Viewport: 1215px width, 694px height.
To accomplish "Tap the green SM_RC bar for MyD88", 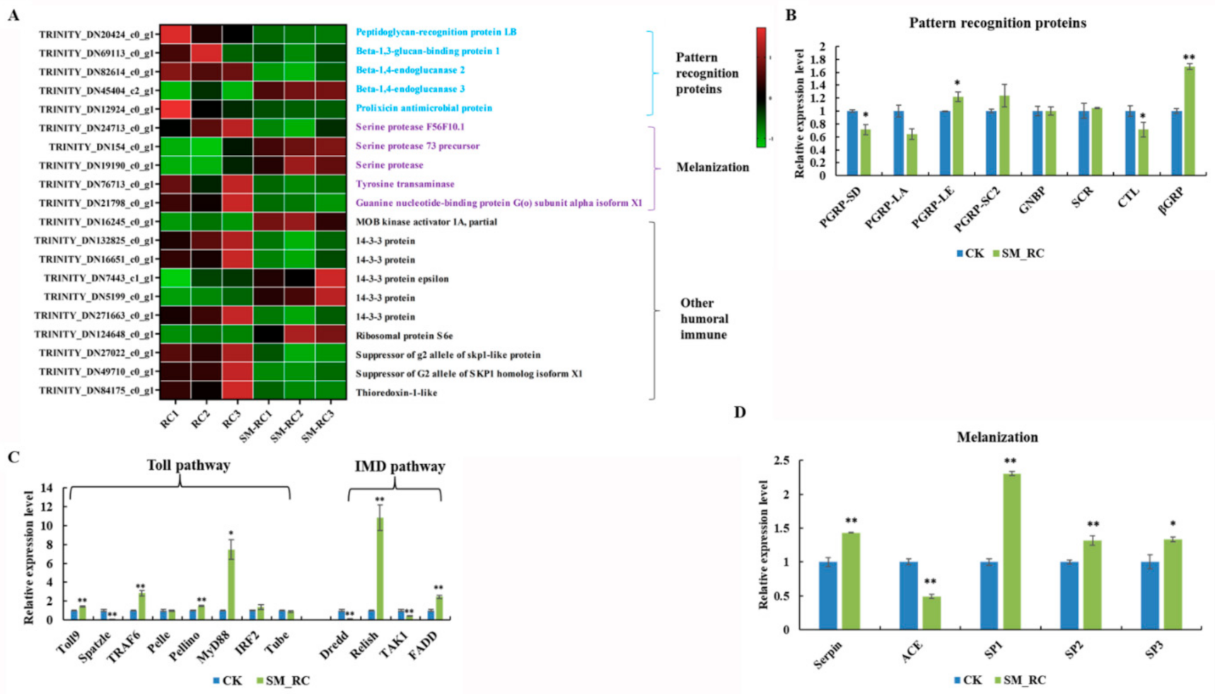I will point(231,584).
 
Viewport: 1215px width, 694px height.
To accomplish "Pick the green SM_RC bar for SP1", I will point(1011,551).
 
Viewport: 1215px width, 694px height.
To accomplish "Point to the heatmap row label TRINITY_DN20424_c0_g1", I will point(95,34).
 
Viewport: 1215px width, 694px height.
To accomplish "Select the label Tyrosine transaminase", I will point(405,184).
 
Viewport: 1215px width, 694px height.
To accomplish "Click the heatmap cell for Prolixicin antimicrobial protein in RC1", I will point(175,109).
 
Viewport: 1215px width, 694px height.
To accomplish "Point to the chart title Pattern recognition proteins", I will point(997,23).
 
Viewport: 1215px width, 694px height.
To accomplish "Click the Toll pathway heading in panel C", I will point(188,465).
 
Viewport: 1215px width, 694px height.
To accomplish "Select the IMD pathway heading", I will point(400,466).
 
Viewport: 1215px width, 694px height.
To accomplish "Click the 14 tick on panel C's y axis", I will point(48,488).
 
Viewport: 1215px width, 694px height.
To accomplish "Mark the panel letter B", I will point(791,15).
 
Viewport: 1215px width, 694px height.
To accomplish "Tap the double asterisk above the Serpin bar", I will point(851,521).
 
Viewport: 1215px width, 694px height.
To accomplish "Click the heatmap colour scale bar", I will point(761,87).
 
